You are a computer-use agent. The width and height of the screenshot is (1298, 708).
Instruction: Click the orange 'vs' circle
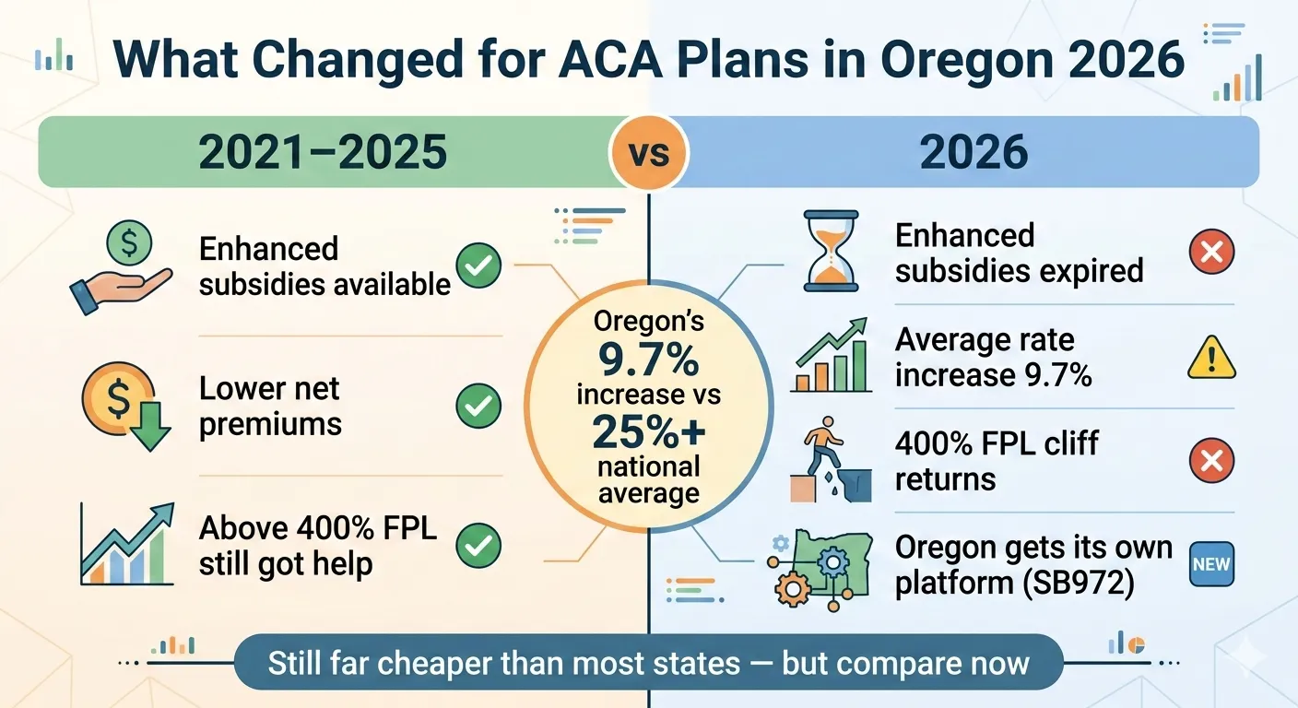[648, 152]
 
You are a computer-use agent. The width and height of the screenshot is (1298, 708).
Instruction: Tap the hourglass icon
[832, 249]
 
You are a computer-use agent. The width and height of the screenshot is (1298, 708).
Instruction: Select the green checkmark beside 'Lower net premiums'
[478, 407]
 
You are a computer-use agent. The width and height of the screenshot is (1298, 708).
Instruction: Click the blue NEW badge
[1211, 564]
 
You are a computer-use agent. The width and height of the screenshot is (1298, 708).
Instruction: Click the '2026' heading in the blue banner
[973, 152]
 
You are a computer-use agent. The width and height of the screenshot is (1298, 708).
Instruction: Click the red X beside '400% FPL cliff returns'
[1211, 461]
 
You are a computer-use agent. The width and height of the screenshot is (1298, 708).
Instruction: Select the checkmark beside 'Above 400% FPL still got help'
[478, 545]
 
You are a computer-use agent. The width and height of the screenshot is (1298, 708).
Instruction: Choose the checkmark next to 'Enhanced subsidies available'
[478, 267]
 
